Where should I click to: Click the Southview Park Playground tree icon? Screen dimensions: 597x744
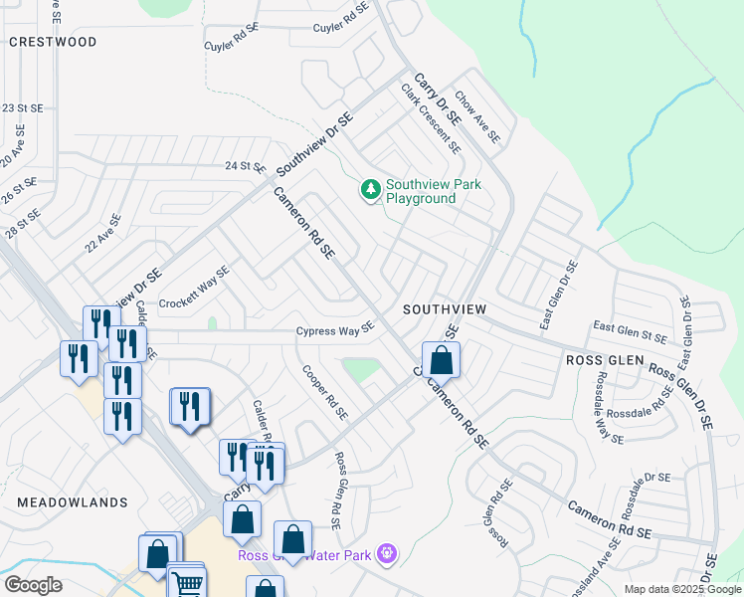click(370, 189)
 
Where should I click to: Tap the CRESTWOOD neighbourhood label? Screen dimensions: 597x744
click(53, 42)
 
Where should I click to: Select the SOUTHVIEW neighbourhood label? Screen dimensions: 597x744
click(445, 309)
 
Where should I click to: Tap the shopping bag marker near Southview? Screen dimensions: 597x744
click(441, 360)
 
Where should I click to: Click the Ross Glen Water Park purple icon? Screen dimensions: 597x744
click(388, 553)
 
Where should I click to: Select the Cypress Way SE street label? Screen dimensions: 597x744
click(335, 330)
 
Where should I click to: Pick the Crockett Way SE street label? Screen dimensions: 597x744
click(195, 287)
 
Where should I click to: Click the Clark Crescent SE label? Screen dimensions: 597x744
click(432, 118)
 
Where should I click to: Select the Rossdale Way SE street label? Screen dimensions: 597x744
click(608, 408)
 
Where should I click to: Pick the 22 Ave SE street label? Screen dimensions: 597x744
click(103, 234)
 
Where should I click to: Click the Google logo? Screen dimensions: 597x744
click(33, 585)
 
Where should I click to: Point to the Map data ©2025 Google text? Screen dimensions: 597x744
click(682, 589)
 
